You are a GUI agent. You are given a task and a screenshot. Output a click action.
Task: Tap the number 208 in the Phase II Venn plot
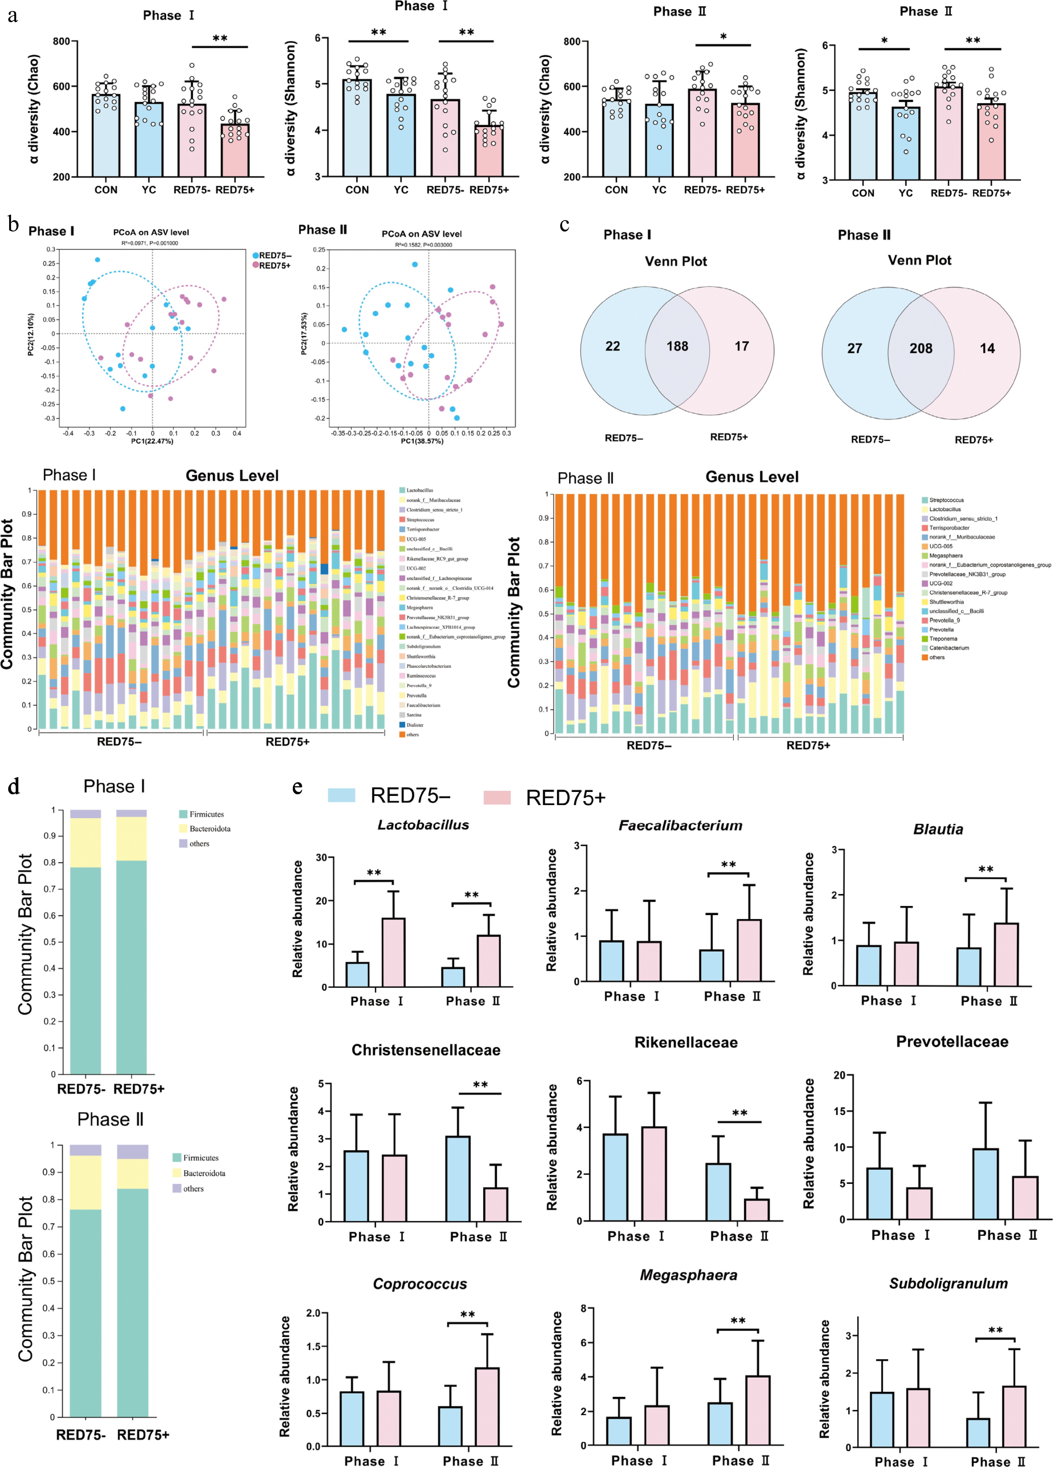point(921,349)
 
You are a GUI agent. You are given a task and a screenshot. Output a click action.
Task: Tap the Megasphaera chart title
point(689,1275)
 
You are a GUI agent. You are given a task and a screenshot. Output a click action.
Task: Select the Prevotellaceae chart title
point(952,1041)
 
